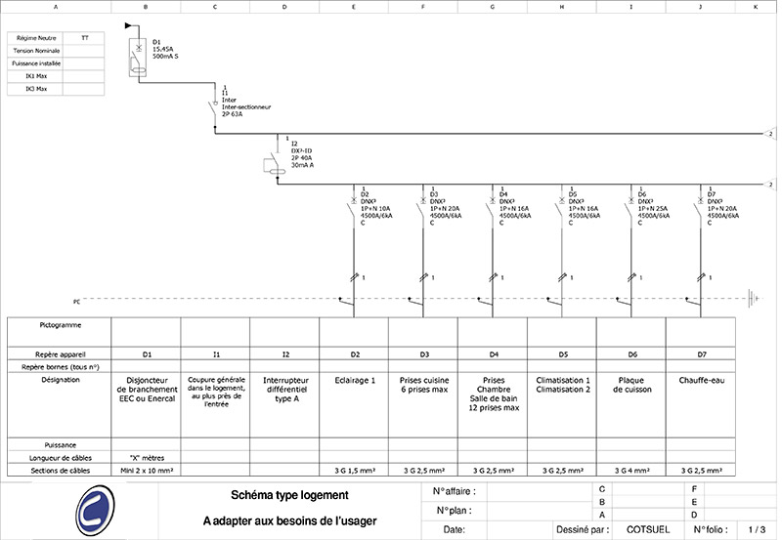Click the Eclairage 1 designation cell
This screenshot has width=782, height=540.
(354, 379)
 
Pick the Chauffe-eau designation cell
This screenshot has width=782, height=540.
(700, 379)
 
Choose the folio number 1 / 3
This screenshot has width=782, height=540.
(755, 529)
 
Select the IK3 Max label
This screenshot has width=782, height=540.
(36, 89)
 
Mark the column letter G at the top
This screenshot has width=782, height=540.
(492, 7)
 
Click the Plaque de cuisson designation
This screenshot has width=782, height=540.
(630, 384)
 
